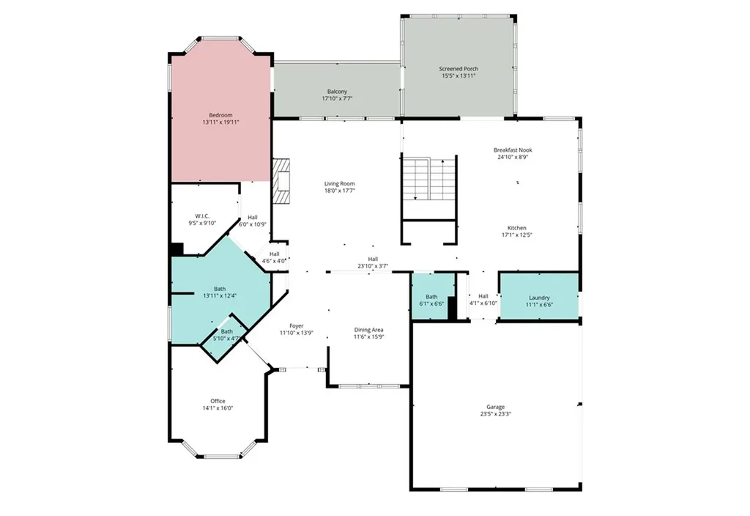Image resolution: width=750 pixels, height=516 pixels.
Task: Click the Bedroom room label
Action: click(x=220, y=115)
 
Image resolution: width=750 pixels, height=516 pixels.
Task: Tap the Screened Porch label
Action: click(x=459, y=69)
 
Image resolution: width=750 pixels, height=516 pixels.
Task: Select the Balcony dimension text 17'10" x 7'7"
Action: click(x=338, y=98)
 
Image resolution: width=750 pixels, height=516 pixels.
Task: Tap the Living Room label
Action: click(x=340, y=183)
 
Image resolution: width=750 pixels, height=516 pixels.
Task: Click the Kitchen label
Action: click(x=517, y=228)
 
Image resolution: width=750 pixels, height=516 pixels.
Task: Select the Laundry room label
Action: click(x=539, y=298)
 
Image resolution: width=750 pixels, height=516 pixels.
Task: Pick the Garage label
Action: click(x=496, y=407)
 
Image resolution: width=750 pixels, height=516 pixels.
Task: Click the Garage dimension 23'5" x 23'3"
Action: click(x=496, y=414)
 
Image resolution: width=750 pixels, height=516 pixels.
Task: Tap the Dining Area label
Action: click(x=368, y=330)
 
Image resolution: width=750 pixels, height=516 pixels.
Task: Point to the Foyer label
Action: click(x=296, y=325)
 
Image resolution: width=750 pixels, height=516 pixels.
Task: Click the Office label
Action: click(x=218, y=401)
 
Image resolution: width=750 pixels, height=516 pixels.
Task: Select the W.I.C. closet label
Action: click(x=203, y=216)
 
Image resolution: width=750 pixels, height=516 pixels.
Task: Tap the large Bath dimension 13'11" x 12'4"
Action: click(x=220, y=295)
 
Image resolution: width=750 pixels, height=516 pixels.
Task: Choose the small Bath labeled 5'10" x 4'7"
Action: click(x=227, y=335)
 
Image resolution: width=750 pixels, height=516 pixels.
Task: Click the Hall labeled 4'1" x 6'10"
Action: click(x=483, y=299)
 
